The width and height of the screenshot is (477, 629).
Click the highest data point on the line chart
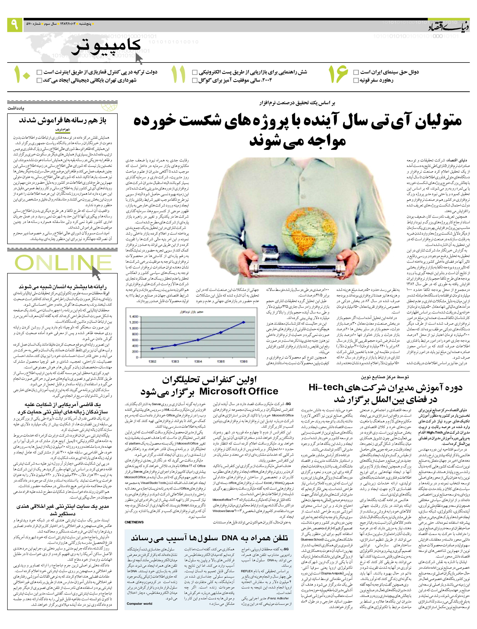click(x=244, y=322)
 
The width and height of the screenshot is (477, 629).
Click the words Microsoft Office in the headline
click(x=238, y=391)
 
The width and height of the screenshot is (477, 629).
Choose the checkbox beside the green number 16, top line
click(x=356, y=72)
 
